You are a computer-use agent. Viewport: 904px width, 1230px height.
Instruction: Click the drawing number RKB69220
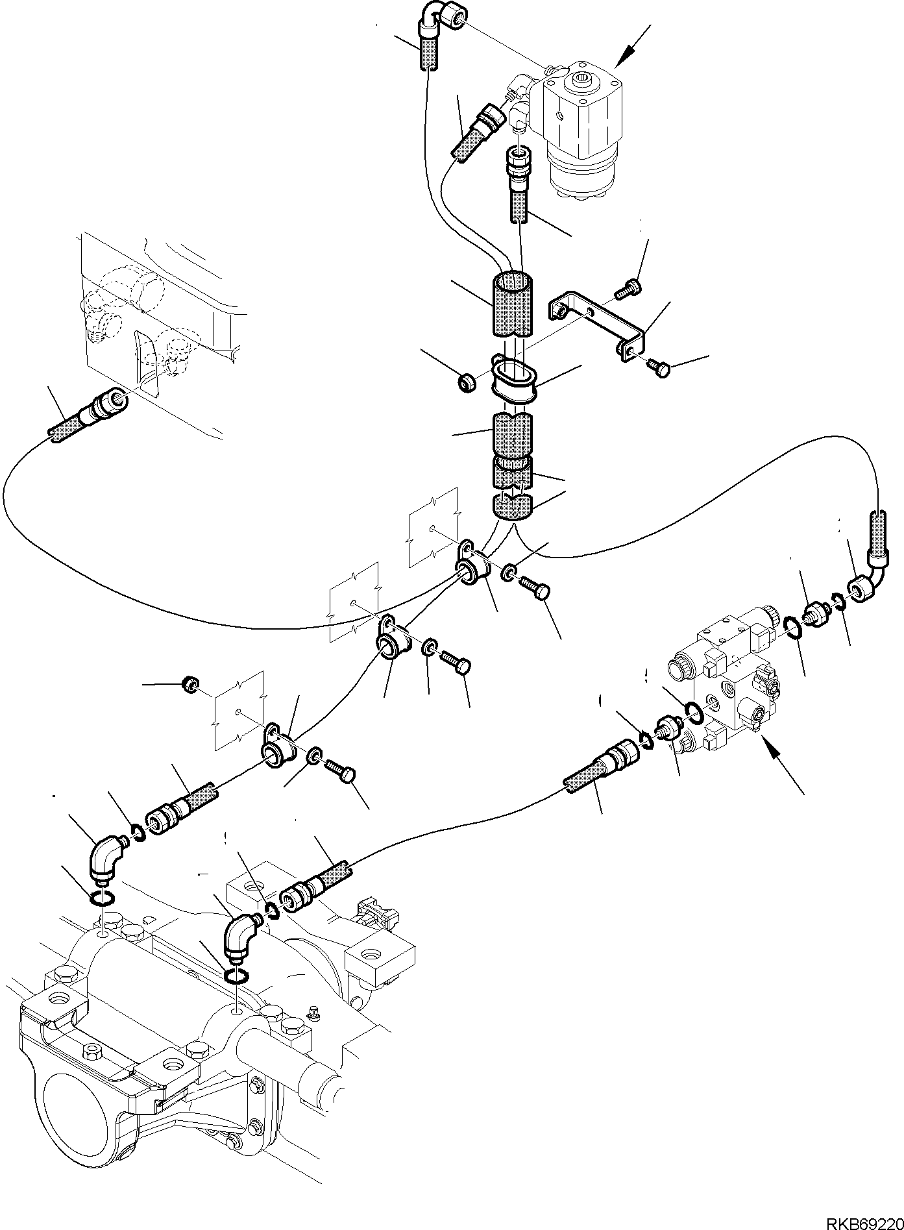click(x=862, y=1220)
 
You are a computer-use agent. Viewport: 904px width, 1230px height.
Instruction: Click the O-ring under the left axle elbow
click(x=102, y=898)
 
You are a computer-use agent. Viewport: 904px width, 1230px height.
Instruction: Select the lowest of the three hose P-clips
click(x=277, y=746)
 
